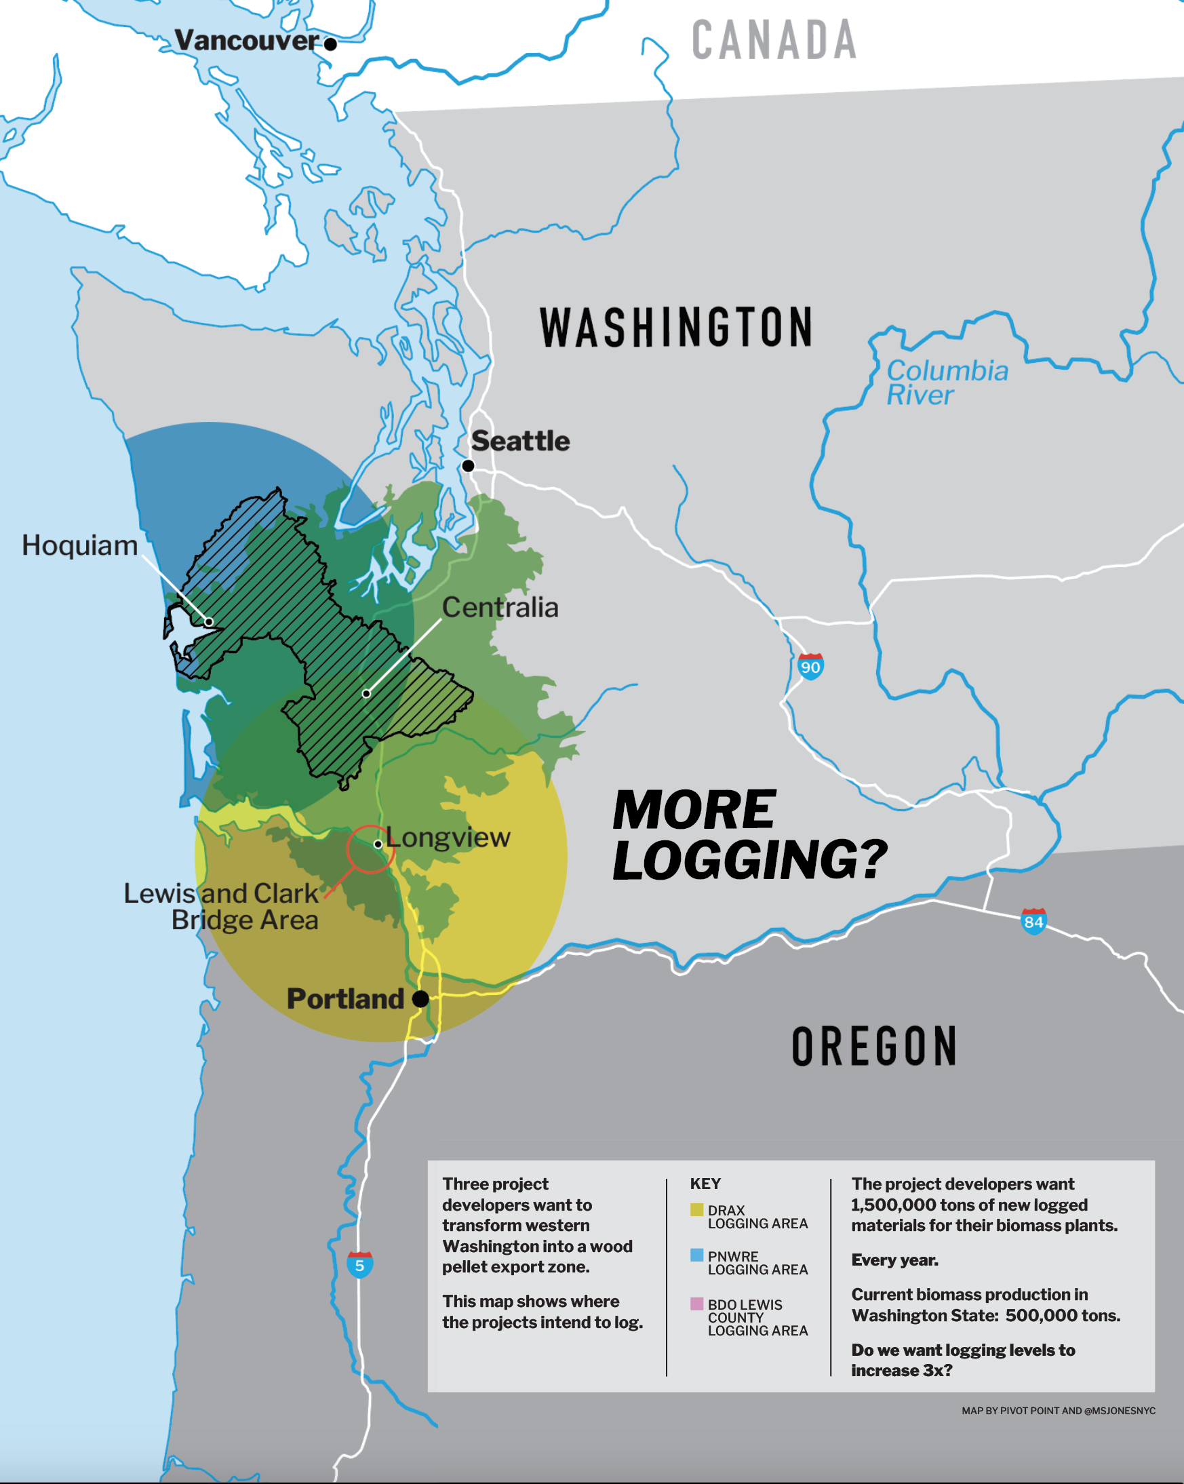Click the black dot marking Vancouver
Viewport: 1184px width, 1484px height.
[330, 44]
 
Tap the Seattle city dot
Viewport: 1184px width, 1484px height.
[468, 466]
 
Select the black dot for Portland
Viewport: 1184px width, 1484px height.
[420, 999]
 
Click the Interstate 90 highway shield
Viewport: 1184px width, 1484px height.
[810, 666]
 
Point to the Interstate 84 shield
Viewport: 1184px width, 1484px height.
[1033, 921]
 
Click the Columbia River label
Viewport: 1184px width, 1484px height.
[947, 383]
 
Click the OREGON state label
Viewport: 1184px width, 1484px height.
[874, 1047]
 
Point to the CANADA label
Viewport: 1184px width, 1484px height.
[774, 40]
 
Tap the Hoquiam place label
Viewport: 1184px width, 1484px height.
[80, 545]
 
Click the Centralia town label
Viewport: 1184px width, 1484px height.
[500, 607]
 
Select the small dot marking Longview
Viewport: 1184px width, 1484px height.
[378, 844]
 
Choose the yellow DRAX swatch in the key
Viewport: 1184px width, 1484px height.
[696, 1210]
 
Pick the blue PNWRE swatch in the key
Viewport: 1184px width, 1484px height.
[696, 1255]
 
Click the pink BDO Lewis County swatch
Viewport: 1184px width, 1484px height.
[696, 1304]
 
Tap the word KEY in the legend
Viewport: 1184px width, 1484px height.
[705, 1184]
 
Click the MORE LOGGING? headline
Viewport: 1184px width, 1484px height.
[749, 835]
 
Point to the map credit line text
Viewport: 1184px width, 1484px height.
[1058, 1410]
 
